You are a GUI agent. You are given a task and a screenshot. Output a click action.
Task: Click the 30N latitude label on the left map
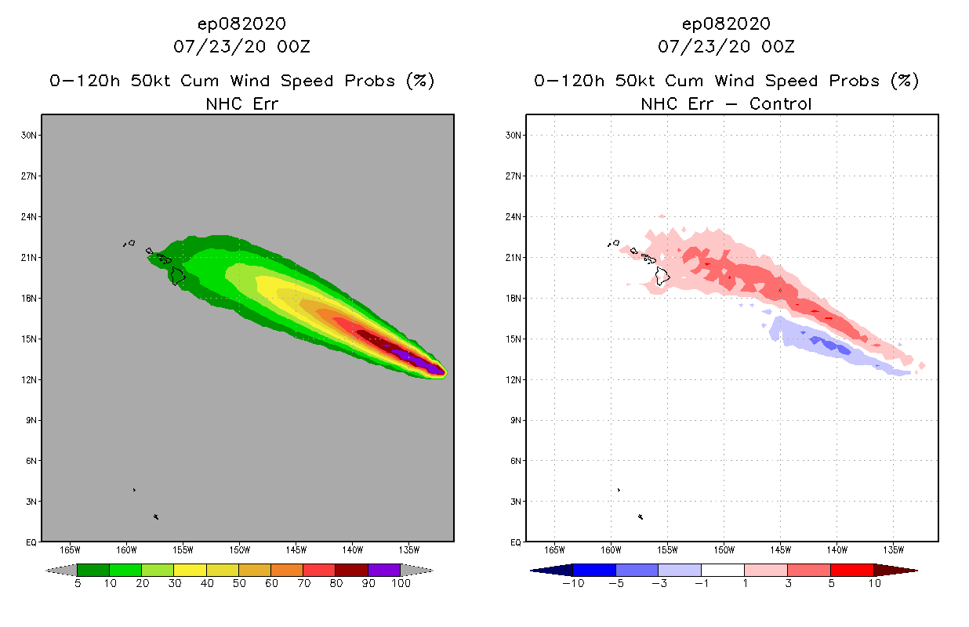pos(29,135)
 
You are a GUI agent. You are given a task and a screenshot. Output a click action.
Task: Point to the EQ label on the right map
pos(516,542)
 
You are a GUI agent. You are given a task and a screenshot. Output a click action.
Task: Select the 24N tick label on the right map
pos(514,216)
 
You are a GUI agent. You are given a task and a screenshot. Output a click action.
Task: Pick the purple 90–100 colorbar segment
pos(384,570)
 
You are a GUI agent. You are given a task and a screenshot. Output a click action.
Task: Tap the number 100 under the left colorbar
pos(401,584)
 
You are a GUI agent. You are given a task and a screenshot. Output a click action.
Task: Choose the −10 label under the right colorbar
pos(573,584)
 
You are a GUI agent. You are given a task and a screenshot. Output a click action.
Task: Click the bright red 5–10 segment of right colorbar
pos(851,570)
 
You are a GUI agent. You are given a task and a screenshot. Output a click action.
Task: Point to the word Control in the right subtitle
pos(780,103)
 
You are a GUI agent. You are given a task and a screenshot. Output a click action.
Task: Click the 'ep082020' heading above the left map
pos(241,24)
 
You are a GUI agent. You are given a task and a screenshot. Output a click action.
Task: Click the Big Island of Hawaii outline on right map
pos(663,275)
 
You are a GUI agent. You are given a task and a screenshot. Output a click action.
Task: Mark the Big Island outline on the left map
pos(178,275)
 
